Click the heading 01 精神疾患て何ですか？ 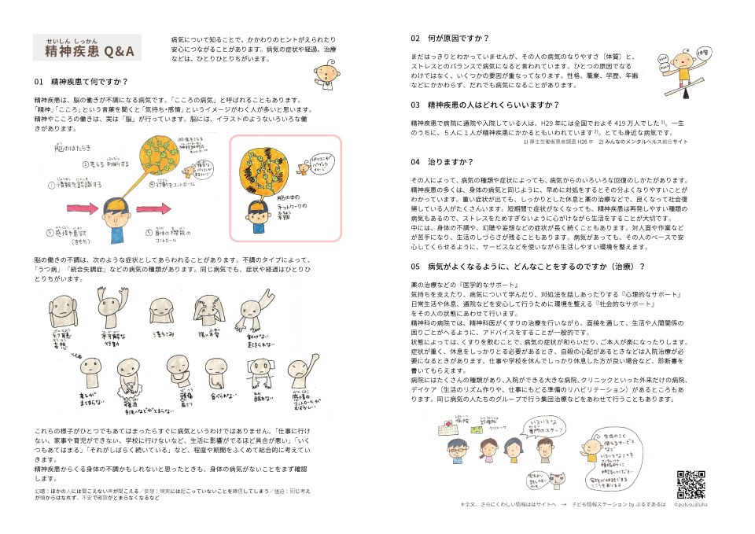coord(81,81)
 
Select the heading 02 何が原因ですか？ coord(450,38)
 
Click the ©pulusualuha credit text coord(694,504)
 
